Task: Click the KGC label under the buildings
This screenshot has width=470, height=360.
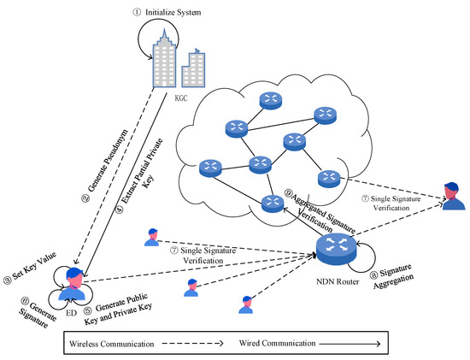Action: pyautogui.click(x=181, y=98)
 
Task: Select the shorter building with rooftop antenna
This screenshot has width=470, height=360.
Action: pyautogui.click(x=193, y=68)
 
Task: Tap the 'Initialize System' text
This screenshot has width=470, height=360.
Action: pyautogui.click(x=173, y=12)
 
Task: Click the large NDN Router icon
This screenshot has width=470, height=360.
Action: pyautogui.click(x=337, y=249)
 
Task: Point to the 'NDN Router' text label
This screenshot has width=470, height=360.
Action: pyautogui.click(x=338, y=281)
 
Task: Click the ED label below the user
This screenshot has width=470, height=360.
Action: pyautogui.click(x=71, y=313)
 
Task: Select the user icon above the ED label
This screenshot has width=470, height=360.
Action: pyautogui.click(x=73, y=284)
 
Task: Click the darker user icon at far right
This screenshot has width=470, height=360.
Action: pyautogui.click(x=454, y=196)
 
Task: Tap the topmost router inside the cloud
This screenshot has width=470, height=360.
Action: pyautogui.click(x=270, y=101)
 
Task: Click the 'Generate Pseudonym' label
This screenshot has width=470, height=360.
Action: pyautogui.click(x=108, y=161)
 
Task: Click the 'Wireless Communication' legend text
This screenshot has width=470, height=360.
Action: pyautogui.click(x=111, y=344)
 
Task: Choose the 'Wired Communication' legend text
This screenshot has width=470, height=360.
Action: pyautogui.click(x=277, y=343)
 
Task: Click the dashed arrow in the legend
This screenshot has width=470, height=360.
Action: pyautogui.click(x=193, y=343)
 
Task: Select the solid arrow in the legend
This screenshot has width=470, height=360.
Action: pyautogui.click(x=350, y=344)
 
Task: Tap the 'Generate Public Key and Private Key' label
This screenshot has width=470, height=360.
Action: pyautogui.click(x=118, y=309)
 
